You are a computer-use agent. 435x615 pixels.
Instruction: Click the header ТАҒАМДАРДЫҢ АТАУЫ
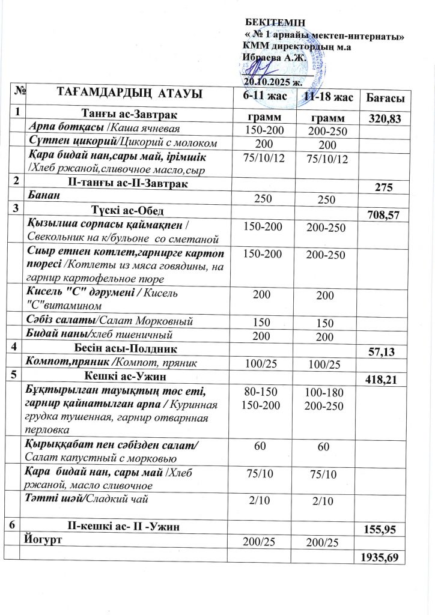[129, 93]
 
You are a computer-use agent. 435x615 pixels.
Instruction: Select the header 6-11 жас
[264, 95]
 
